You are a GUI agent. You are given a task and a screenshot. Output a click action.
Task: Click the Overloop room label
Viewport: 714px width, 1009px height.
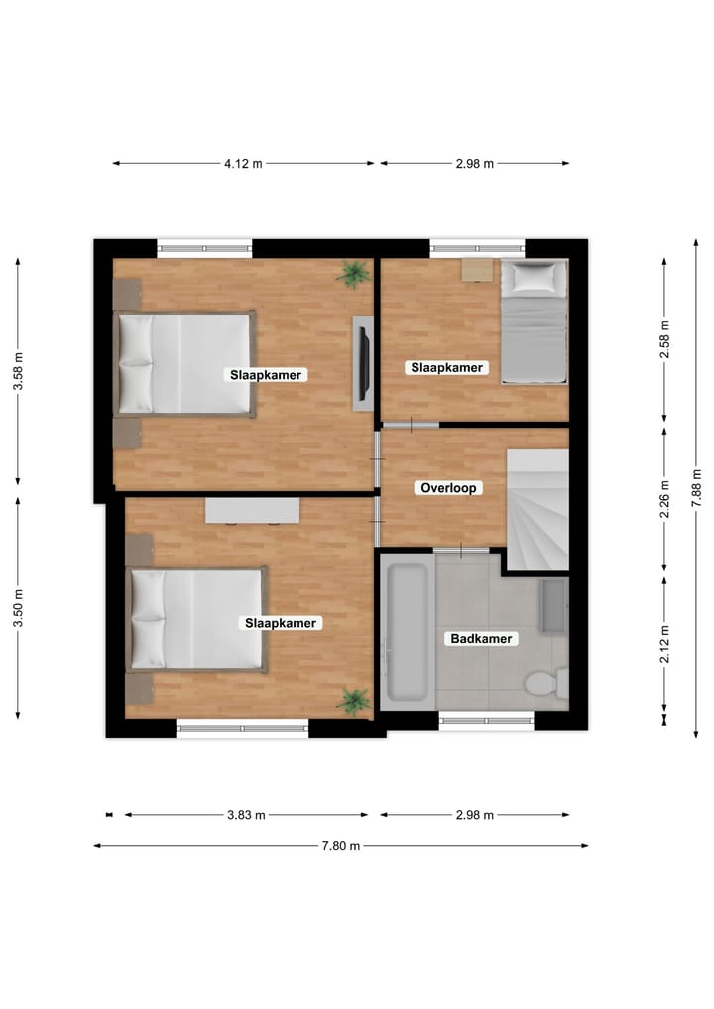click(450, 488)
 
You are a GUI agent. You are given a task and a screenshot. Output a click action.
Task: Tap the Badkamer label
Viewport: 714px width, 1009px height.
click(481, 639)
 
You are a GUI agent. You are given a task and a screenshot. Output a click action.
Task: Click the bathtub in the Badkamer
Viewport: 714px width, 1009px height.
click(406, 631)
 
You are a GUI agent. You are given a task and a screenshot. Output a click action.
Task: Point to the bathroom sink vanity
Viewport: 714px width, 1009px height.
click(553, 606)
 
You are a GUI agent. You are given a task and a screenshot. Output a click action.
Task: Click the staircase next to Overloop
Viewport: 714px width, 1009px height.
click(537, 510)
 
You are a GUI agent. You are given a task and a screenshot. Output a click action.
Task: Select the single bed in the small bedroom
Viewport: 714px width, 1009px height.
click(534, 321)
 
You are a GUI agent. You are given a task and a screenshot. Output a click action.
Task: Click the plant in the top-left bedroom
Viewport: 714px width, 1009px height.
click(352, 273)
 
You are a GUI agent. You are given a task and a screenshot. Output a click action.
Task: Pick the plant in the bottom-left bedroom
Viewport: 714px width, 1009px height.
click(353, 700)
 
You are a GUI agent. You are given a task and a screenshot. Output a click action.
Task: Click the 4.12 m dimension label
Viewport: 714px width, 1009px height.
click(244, 164)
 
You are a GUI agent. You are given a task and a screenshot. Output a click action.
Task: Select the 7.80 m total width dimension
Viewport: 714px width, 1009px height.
click(340, 846)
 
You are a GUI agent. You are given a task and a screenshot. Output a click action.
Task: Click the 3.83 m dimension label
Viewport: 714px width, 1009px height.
click(246, 816)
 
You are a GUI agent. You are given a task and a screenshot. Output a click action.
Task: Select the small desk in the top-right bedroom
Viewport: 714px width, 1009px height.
click(477, 270)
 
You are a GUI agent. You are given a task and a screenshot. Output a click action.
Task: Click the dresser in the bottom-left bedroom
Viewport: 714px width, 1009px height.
click(252, 510)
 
